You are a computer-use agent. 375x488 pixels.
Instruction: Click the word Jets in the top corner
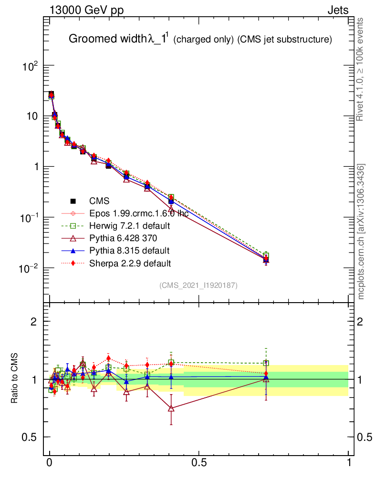click(x=337, y=10)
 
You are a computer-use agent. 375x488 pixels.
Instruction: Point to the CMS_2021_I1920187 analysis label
click(x=198, y=285)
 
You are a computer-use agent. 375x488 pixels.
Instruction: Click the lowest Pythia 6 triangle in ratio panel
click(x=171, y=408)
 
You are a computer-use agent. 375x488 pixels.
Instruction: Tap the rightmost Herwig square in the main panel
click(x=266, y=256)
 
